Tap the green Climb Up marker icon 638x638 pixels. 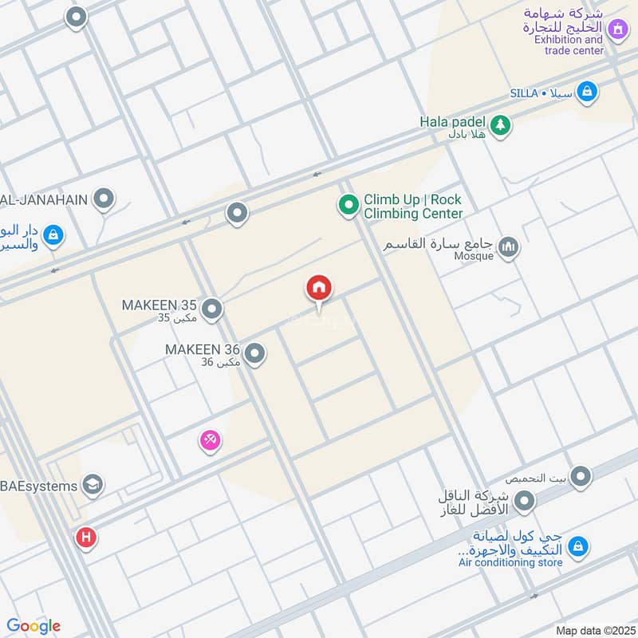coord(348,206)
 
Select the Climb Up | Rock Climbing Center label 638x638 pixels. coord(413,207)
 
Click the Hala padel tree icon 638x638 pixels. coord(500,124)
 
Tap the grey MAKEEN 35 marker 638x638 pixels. coord(211,309)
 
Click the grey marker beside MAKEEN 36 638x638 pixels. coord(254,353)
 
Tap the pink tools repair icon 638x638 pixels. coord(210,439)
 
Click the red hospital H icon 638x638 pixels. coord(86,538)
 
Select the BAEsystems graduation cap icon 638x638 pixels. coord(93,485)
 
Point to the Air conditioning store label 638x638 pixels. coord(510,562)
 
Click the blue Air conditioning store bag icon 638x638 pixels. coord(579,546)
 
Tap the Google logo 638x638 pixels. coord(33,626)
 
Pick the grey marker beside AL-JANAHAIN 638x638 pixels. coord(104,199)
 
